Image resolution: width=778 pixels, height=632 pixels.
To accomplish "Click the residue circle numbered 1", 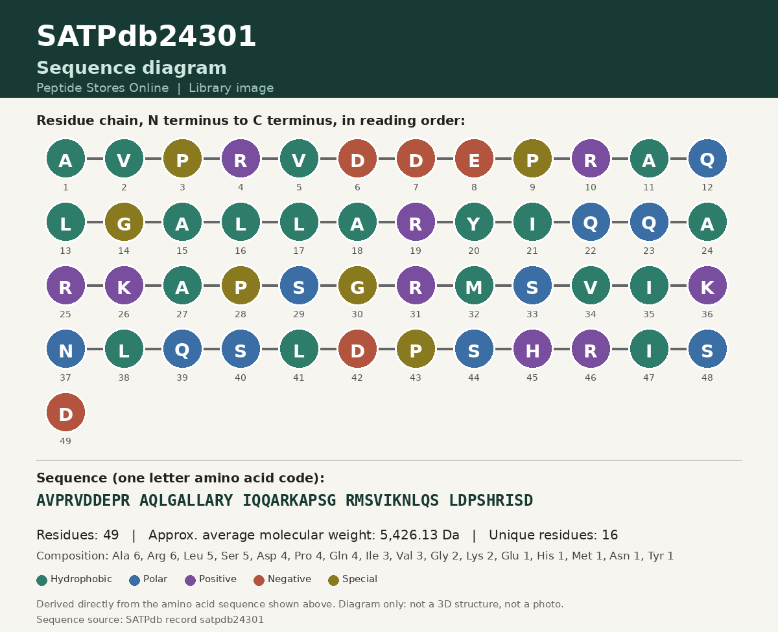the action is (x=65, y=158).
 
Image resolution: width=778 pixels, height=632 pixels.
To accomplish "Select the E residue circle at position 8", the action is (x=474, y=158).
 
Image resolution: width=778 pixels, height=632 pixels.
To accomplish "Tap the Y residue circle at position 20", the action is (x=474, y=221).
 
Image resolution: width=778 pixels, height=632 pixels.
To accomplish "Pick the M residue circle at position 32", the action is (x=474, y=285).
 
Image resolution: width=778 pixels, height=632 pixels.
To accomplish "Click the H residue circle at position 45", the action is (x=532, y=348).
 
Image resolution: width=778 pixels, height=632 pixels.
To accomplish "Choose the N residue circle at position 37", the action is (x=65, y=348).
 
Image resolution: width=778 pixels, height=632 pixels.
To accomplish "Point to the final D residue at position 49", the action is (x=65, y=412).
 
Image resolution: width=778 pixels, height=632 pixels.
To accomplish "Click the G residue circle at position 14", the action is (x=124, y=221).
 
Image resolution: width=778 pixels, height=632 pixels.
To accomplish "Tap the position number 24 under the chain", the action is (x=707, y=251).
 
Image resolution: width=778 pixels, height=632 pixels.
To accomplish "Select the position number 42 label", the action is (x=357, y=378).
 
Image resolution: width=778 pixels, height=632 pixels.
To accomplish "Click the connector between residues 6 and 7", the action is (x=386, y=159).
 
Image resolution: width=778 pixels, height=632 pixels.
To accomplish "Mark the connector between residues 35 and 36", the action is (x=678, y=286).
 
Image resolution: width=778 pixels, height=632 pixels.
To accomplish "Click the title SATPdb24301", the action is (x=146, y=36).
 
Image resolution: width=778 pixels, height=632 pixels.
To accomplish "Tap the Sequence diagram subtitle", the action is (x=132, y=68).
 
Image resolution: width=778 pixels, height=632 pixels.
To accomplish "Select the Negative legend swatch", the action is (x=259, y=580).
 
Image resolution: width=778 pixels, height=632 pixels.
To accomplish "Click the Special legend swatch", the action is (x=333, y=580).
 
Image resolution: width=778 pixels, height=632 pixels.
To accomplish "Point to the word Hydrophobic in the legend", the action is (x=81, y=579).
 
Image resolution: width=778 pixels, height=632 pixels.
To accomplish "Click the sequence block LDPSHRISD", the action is (x=491, y=501).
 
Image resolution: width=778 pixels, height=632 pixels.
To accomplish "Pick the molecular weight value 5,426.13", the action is (x=408, y=535).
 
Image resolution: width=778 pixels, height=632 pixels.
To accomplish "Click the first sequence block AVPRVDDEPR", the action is (x=83, y=501).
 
